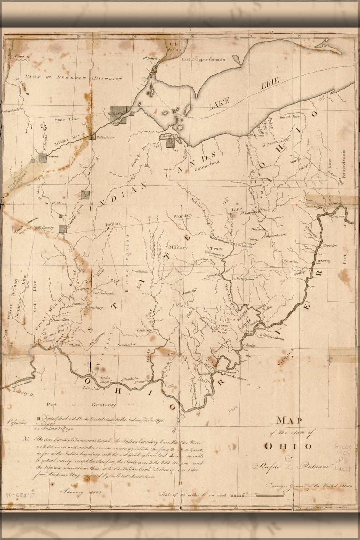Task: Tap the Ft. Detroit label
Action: pyautogui.click(x=150, y=59)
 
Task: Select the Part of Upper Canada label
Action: pyautogui.click(x=203, y=60)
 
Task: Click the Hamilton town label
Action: pyautogui.click(x=60, y=319)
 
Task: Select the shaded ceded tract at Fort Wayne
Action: pyautogui.click(x=42, y=157)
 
